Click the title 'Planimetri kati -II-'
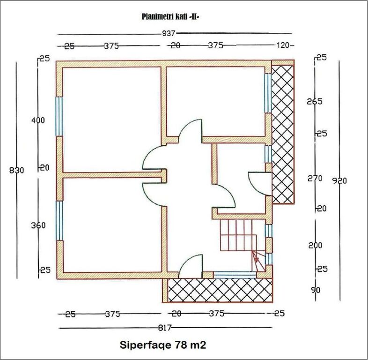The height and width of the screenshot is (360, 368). point(170,17)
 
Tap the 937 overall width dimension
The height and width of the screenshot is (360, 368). point(169,34)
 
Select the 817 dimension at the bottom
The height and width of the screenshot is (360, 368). point(165,328)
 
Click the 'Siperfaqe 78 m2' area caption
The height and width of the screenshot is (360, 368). point(163,345)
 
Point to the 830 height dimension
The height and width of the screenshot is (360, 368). point(16,170)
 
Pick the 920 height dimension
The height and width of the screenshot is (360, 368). point(339,181)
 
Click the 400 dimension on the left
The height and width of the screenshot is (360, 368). point(38,120)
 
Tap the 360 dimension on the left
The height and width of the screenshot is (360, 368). point(38,225)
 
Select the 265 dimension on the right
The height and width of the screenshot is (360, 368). point(315,102)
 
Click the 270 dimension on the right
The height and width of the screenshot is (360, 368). point(315,178)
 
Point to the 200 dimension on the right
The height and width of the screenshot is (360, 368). point(315,245)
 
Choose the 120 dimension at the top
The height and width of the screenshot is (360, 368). point(282,45)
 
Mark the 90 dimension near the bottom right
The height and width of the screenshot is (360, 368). point(316,290)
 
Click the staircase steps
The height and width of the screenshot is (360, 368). point(238,235)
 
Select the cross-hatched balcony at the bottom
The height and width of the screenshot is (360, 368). point(220,290)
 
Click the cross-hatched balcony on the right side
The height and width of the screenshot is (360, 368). point(283,134)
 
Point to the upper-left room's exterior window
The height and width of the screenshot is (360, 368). point(59,117)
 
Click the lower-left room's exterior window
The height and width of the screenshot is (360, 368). point(59,221)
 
